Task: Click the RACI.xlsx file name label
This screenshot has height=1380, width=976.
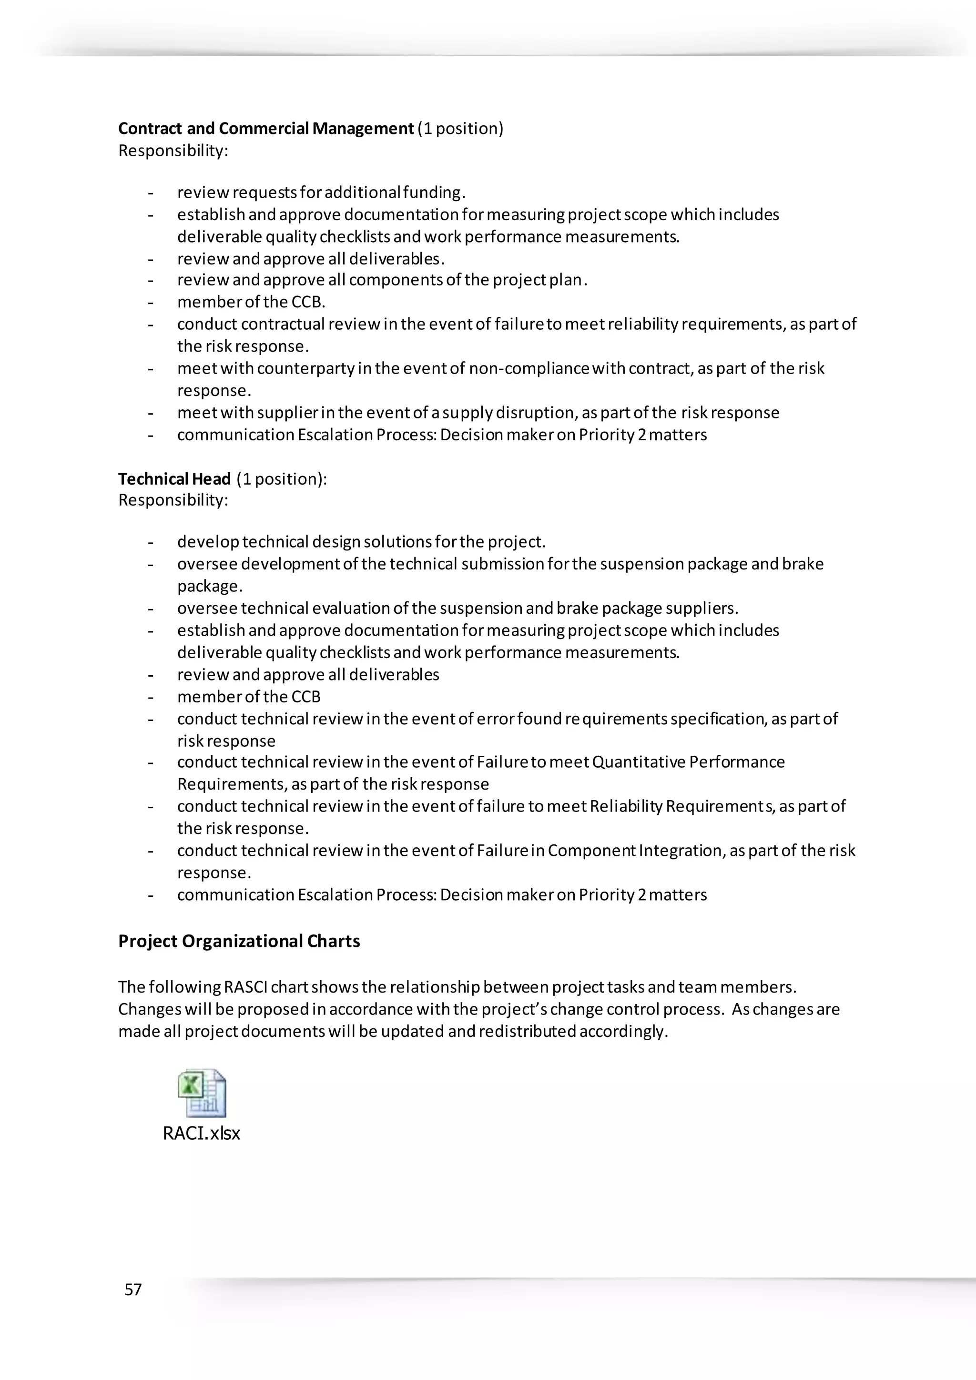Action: pos(201,1134)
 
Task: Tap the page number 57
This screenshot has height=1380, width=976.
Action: pos(133,1289)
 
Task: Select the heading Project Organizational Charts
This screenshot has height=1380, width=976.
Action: pos(239,941)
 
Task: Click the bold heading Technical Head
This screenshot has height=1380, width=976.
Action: pos(174,479)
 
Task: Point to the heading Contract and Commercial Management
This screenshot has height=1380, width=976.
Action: pos(265,129)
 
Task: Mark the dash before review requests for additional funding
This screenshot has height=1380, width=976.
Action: pos(150,193)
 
